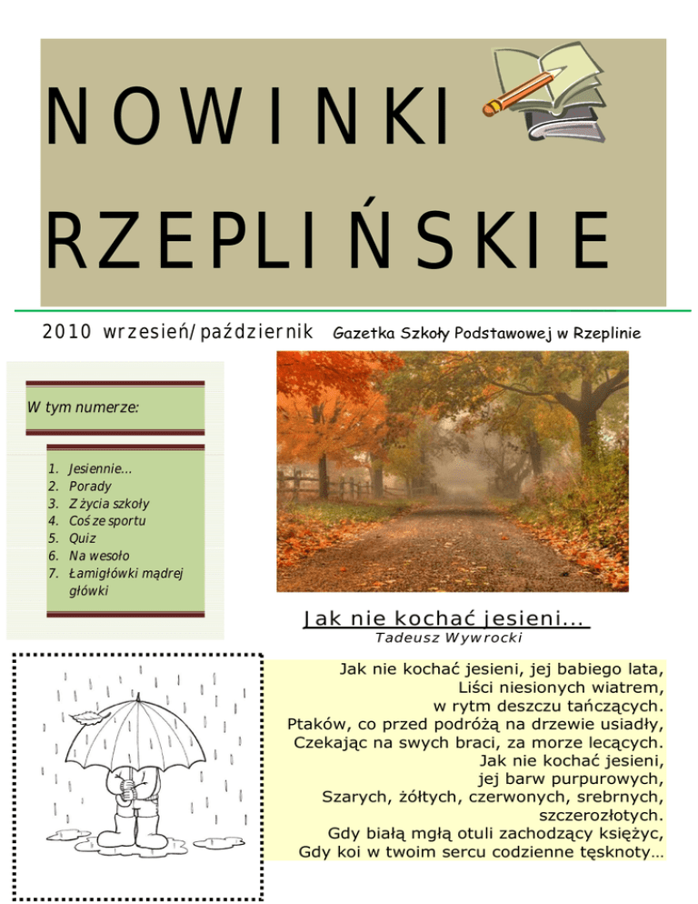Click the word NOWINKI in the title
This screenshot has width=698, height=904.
coord(247,121)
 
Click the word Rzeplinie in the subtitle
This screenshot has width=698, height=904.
coord(606,334)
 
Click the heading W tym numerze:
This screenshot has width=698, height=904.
coord(83,407)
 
